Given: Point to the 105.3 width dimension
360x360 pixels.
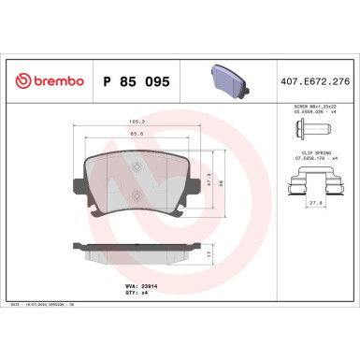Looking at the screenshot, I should (x=136, y=121).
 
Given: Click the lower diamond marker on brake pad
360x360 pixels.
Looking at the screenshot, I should (x=137, y=195).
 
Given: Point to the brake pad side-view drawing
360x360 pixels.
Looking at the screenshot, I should (x=136, y=252).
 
